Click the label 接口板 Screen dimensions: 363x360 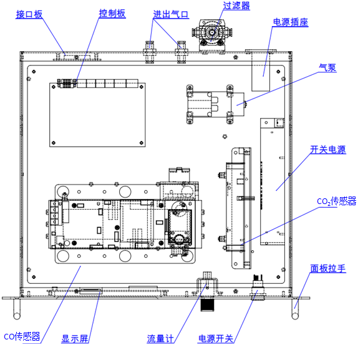pos(29,14)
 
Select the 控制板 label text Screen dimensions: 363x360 pos(112,14)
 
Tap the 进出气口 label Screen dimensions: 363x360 pos(171,14)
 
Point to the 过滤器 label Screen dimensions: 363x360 pos(236,6)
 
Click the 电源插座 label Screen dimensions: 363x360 pos(291,22)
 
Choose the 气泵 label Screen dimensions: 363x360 pos(327,67)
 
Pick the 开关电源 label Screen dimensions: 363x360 pos(328,150)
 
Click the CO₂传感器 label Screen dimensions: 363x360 pos(337,202)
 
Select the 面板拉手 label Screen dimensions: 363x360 pos(328,268)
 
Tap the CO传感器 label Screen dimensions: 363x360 pos(22,336)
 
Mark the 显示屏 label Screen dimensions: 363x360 pos(75,339)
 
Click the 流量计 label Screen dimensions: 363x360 pos(160,339)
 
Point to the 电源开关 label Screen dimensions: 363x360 pos(216,339)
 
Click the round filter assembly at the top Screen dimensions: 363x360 pos(212,33)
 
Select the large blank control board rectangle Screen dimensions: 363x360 pos(97,115)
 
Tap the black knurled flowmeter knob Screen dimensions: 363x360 pos(207,304)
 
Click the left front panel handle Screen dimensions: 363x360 pos(17,309)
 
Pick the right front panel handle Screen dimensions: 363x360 pos(295,309)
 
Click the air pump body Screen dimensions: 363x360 pos(216,104)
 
